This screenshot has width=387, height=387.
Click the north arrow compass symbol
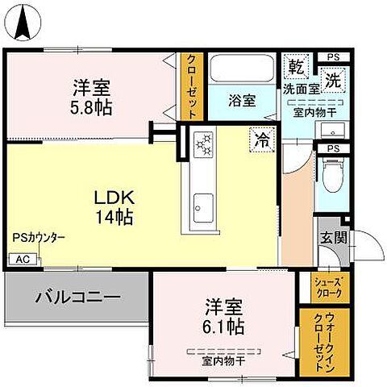pyautogui.click(x=23, y=23)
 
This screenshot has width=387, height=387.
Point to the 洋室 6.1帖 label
pyautogui.click(x=223, y=316)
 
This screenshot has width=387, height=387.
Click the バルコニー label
pyautogui.click(x=77, y=297)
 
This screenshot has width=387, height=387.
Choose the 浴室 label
pyautogui.click(x=241, y=101)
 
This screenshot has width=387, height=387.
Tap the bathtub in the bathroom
pyautogui.click(x=242, y=68)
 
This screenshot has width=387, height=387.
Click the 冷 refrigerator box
pyautogui.click(x=262, y=138)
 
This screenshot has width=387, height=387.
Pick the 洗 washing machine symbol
pyautogui.click(x=331, y=78)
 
